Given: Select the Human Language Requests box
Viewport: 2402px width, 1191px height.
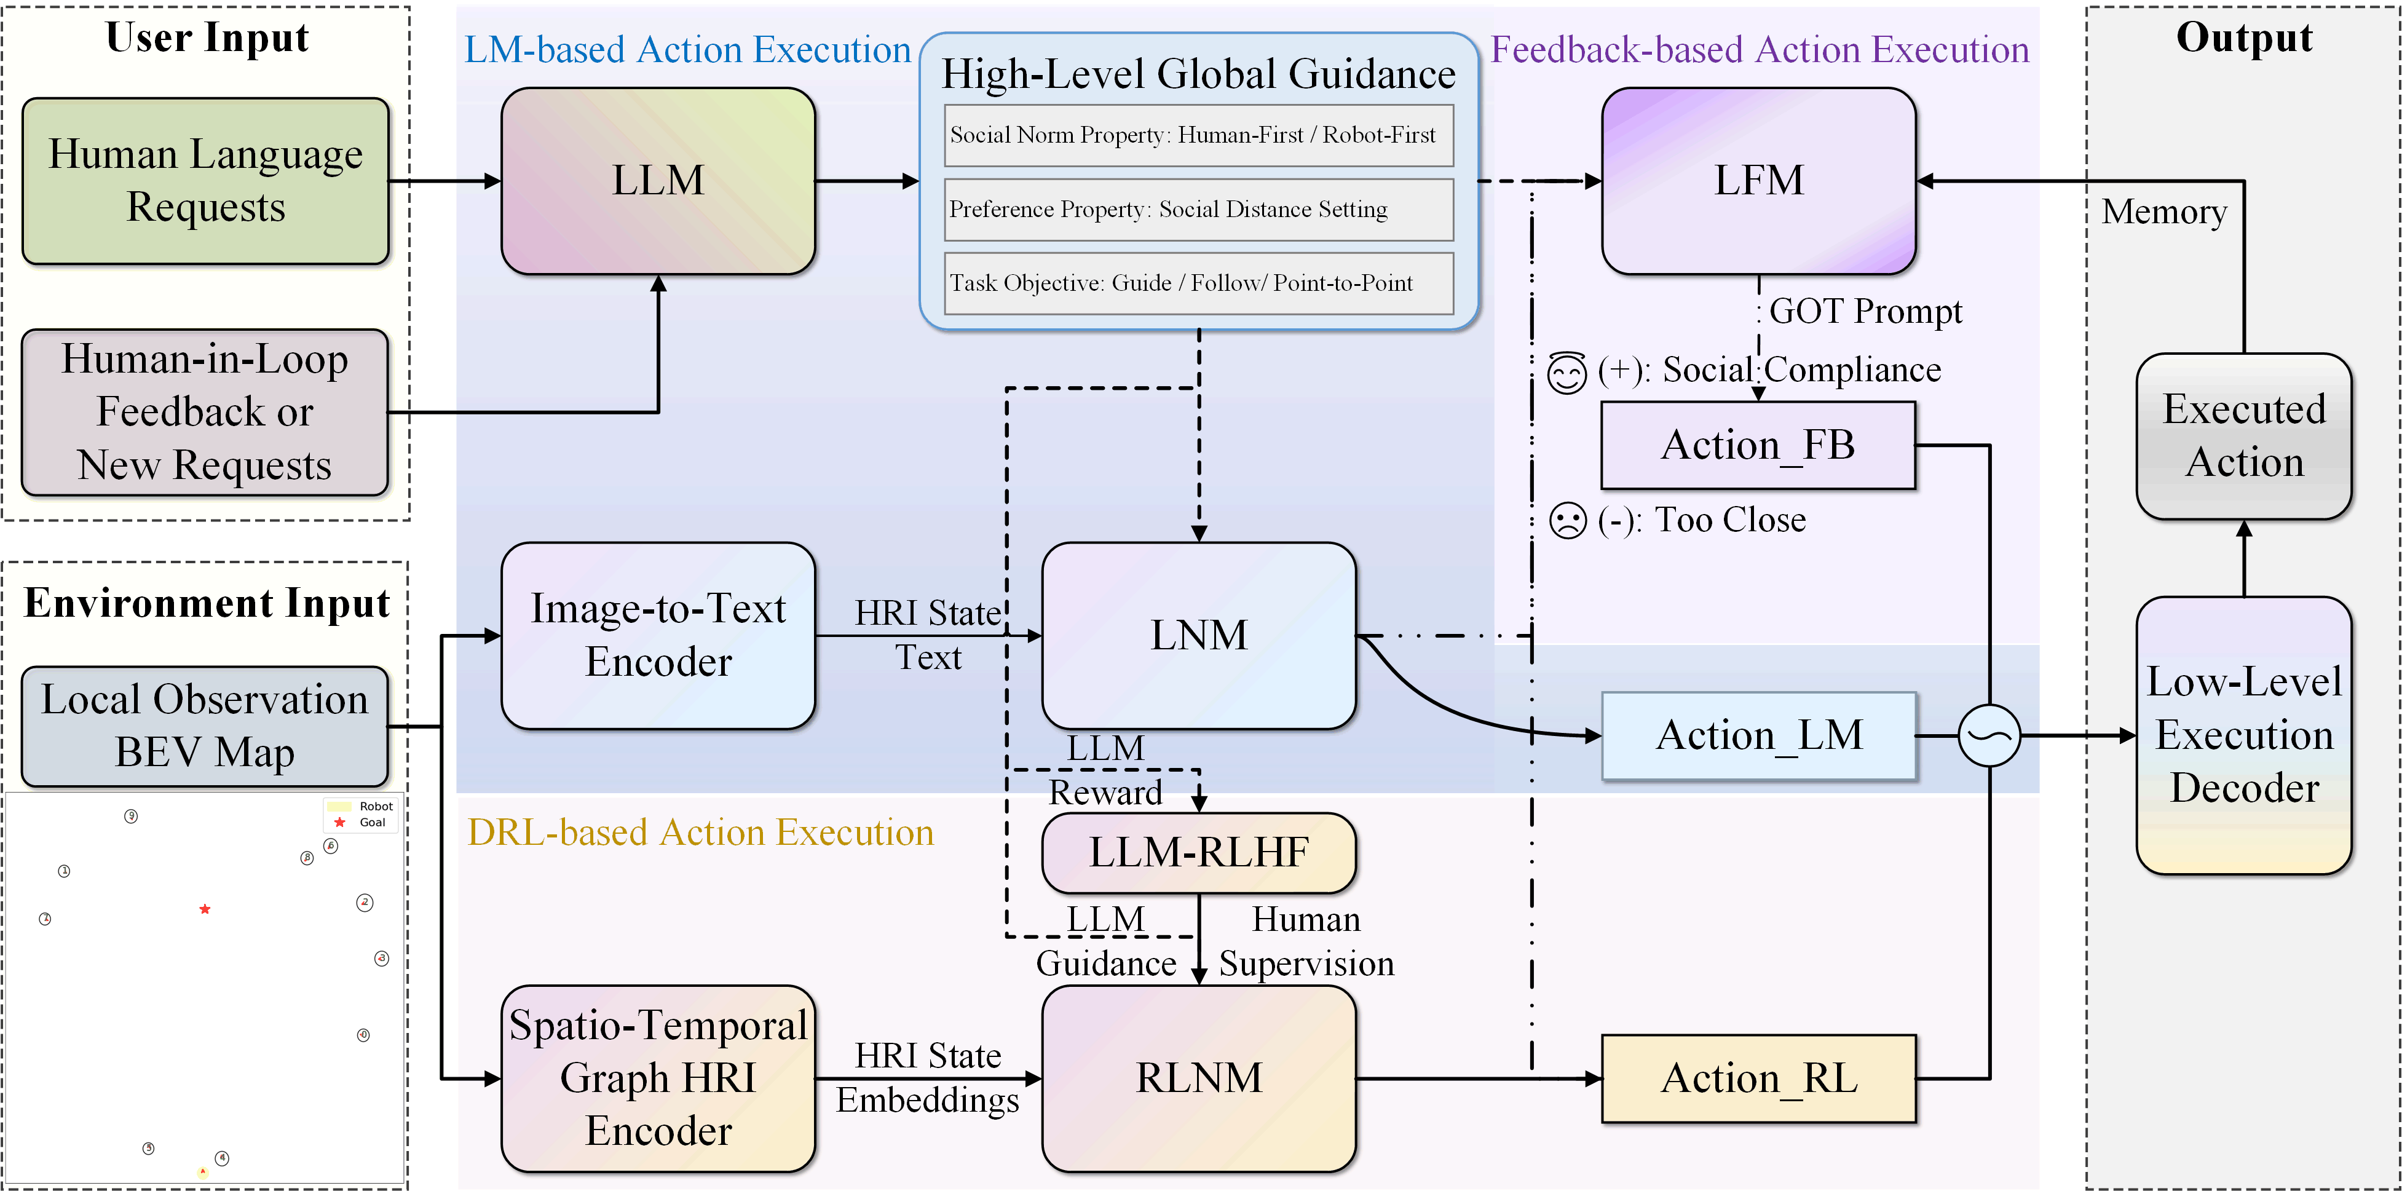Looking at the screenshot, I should tap(205, 181).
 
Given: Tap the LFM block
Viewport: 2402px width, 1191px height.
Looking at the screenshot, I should tap(1758, 181).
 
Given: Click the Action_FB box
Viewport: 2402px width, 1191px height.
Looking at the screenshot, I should tap(1758, 445).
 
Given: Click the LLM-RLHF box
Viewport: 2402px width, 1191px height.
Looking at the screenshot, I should tap(1198, 852).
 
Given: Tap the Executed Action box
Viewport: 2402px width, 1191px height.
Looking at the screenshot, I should tap(2243, 435).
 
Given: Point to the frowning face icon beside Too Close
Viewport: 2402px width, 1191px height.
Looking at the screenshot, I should tap(1568, 520).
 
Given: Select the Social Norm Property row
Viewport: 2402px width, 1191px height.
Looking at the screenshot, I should tap(1198, 135).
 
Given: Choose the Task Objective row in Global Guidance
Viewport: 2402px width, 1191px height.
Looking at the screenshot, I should tap(1198, 283).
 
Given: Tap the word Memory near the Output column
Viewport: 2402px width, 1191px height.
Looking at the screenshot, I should tap(2163, 212).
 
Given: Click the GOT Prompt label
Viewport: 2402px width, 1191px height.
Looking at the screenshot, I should tap(1865, 312).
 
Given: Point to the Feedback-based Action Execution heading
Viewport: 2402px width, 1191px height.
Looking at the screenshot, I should tap(1760, 49).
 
